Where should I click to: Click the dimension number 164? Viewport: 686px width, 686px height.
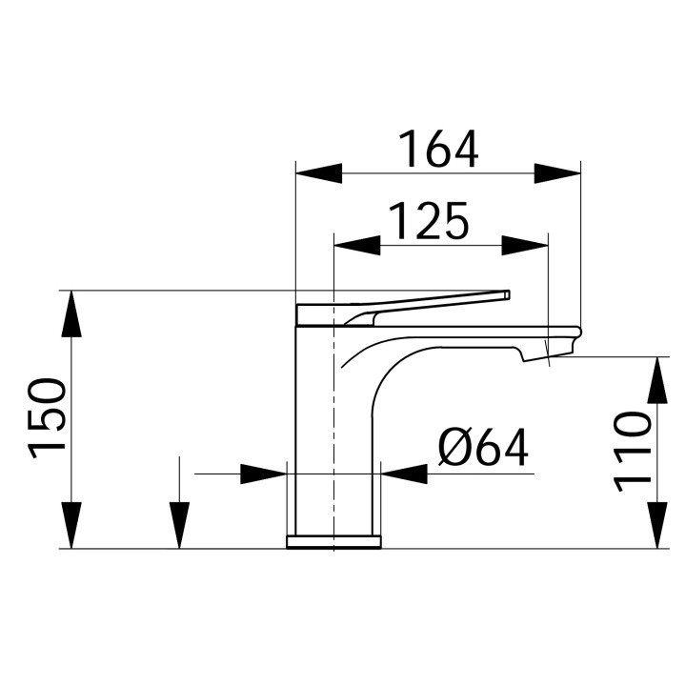coord(437,149)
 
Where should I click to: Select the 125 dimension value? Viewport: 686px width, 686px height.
coord(428,221)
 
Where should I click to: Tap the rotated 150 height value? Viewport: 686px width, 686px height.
coord(49,418)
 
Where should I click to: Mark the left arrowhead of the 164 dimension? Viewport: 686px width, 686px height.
coord(318,173)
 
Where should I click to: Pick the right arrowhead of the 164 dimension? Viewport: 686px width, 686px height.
coord(557,173)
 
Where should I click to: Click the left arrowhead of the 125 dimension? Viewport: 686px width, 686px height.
coord(355,245)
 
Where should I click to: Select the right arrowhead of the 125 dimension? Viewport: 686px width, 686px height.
coord(526,245)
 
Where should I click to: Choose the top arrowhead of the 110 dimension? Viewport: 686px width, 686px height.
coord(657,380)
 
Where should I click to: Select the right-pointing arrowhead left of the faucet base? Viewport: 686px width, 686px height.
coord(264,474)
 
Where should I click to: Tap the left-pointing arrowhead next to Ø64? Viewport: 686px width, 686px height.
coord(404,474)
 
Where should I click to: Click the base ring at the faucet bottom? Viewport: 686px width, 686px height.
coord(333,542)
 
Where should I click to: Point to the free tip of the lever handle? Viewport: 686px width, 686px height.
coord(507,294)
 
